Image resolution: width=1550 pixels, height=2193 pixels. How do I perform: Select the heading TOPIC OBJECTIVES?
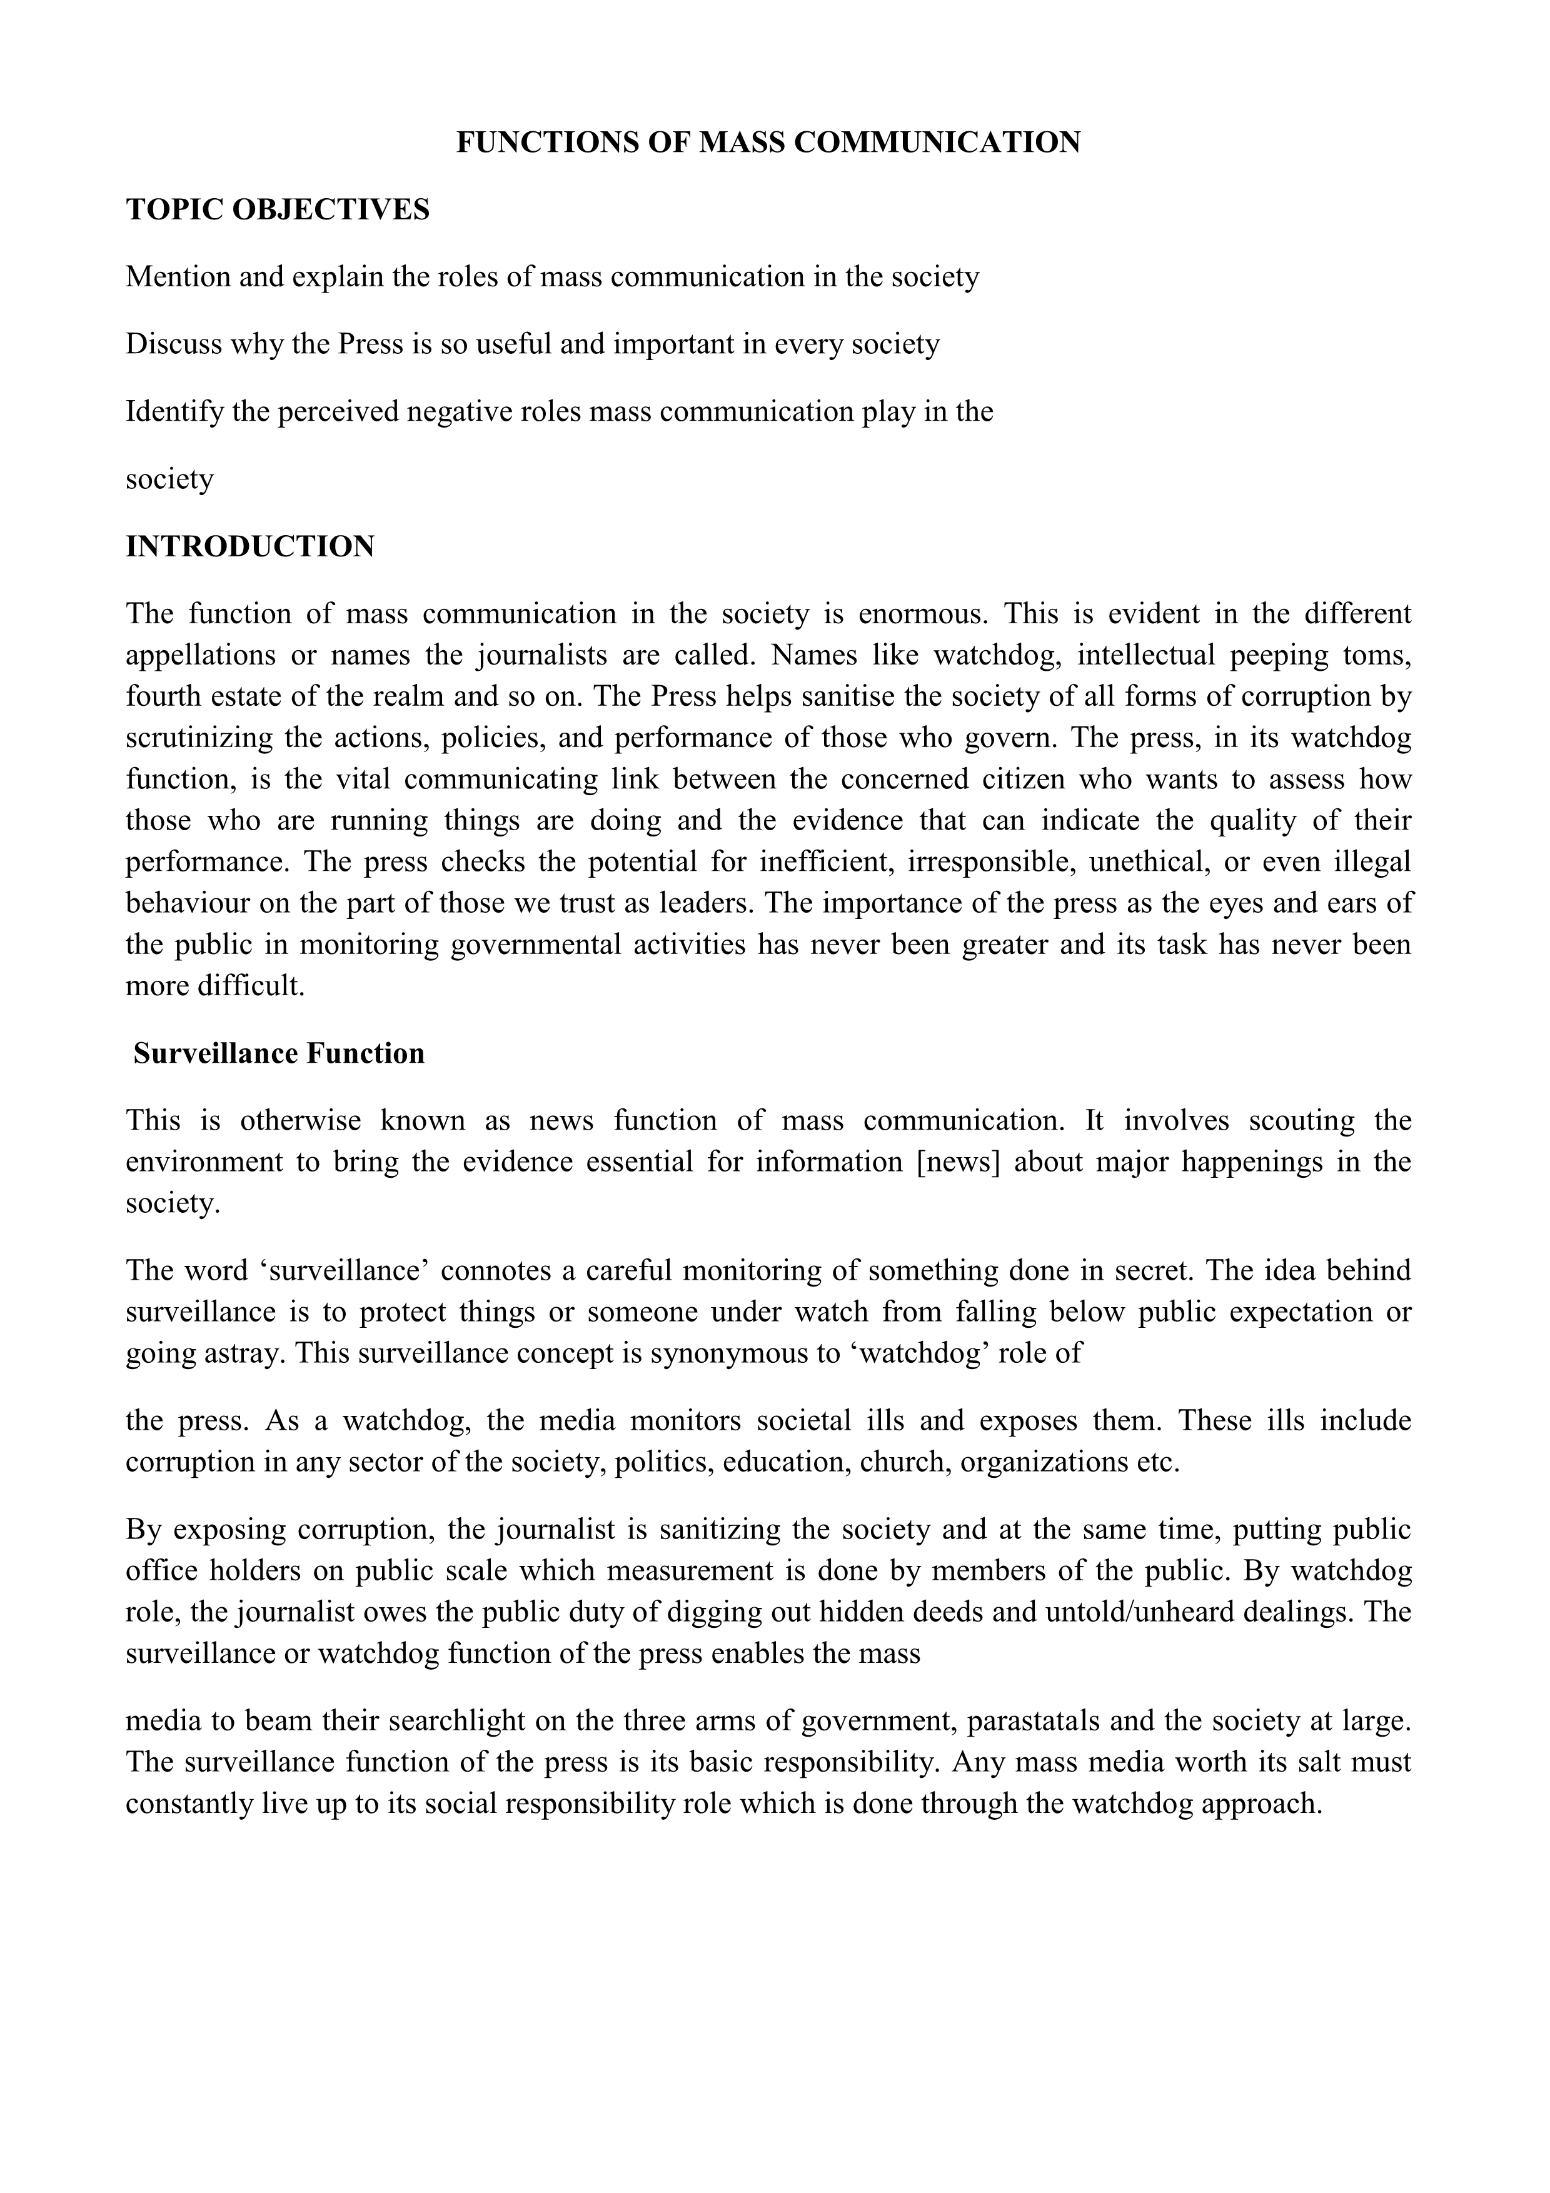click(278, 209)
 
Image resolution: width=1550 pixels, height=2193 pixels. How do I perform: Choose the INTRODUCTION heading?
click(250, 546)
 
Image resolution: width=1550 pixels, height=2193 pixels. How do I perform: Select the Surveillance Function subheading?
click(279, 1053)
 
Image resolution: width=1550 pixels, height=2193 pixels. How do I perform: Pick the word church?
click(904, 1462)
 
